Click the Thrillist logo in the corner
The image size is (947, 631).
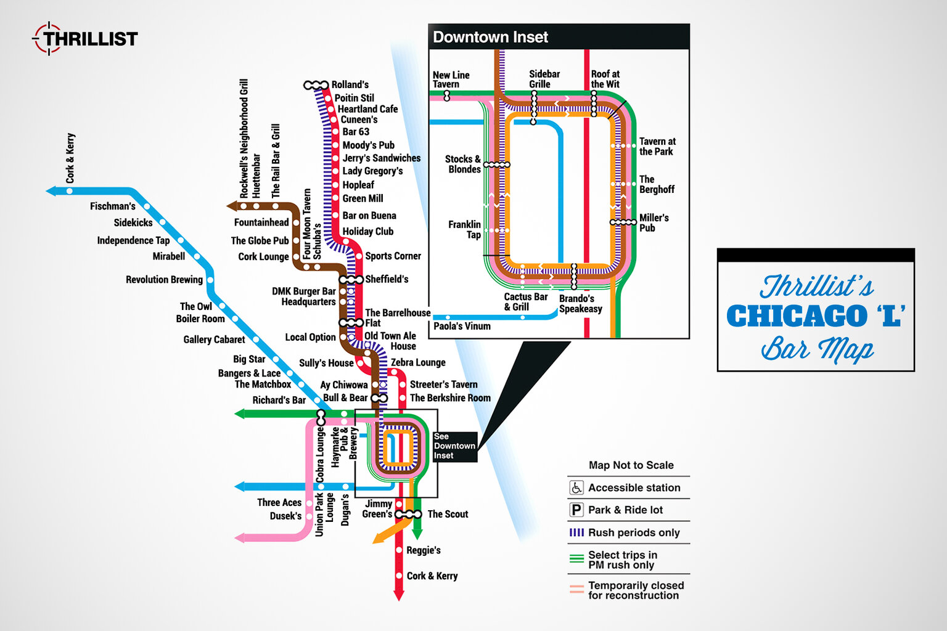tap(85, 39)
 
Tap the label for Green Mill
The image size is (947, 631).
tap(363, 198)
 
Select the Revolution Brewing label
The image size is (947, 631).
tap(164, 280)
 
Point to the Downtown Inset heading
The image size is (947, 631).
tap(490, 37)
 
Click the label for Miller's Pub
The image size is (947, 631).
tap(654, 222)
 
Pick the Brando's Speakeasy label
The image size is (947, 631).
tap(580, 304)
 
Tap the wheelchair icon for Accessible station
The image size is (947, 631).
tap(576, 487)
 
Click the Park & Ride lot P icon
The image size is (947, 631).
tap(576, 510)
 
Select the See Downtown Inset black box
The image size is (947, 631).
tap(454, 446)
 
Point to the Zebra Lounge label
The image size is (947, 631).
tap(418, 362)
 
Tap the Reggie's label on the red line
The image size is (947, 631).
tap(424, 550)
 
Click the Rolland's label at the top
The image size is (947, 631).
tap(350, 84)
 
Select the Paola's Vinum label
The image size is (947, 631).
tap(462, 326)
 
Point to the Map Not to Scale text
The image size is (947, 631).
tap(631, 465)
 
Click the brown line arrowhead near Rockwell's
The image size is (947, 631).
tap(232, 206)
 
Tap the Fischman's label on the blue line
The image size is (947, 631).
tap(112, 206)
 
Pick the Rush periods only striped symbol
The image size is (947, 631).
tap(576, 532)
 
